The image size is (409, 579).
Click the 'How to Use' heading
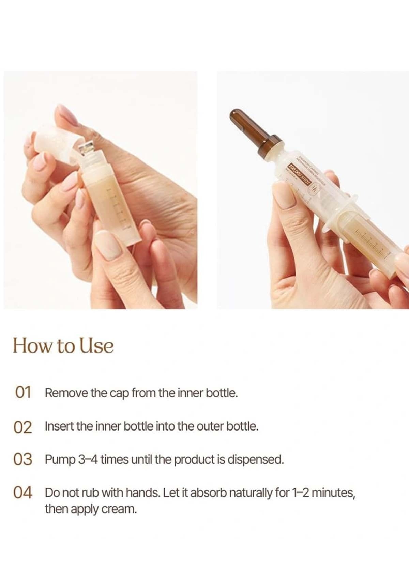pyautogui.click(x=63, y=346)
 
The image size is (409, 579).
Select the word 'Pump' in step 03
pyautogui.click(x=60, y=460)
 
